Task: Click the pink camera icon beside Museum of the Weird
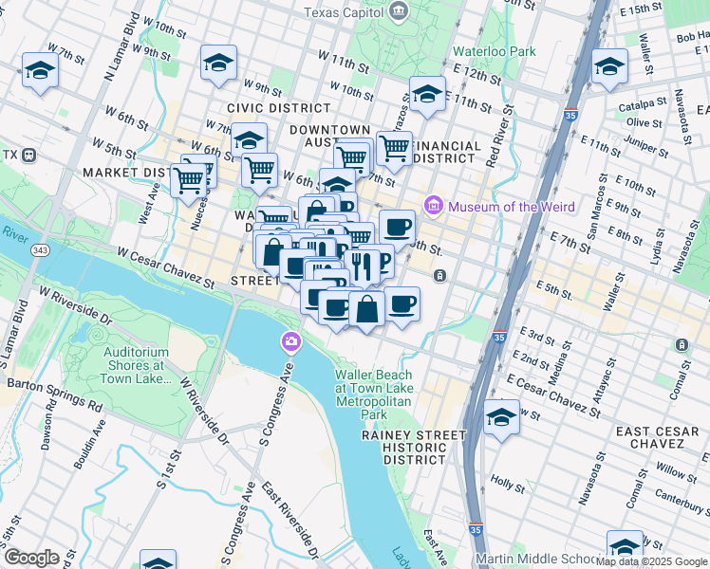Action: click(435, 205)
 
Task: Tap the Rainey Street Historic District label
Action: click(414, 447)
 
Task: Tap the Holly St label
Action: click(508, 484)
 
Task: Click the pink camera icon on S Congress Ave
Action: click(290, 340)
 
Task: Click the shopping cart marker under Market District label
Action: click(190, 178)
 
